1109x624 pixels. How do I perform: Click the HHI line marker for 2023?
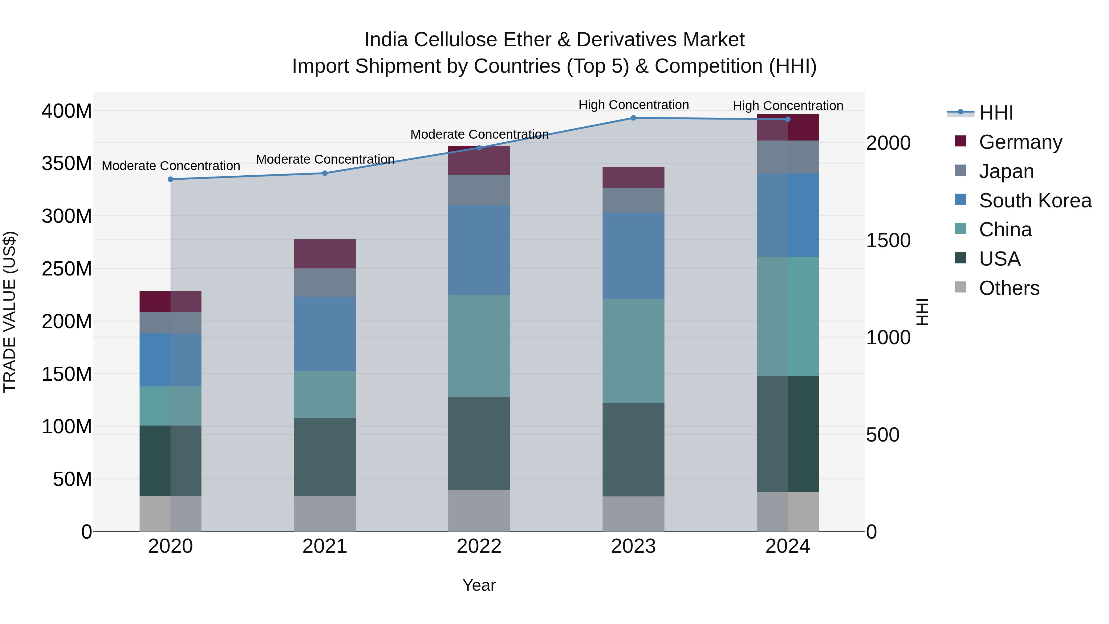[x=633, y=118]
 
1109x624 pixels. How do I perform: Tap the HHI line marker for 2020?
[x=170, y=179]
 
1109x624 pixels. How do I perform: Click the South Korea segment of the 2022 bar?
[x=479, y=250]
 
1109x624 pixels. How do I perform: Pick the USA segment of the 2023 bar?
[x=633, y=450]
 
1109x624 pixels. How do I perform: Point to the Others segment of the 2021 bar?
[x=325, y=513]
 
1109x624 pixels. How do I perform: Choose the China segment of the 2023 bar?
[x=633, y=351]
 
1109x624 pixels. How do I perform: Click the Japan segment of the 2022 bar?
[x=479, y=190]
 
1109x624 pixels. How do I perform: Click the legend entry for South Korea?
[x=1035, y=201]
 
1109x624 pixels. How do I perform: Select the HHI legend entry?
[x=996, y=113]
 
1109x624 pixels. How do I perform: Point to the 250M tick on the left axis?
[x=67, y=269]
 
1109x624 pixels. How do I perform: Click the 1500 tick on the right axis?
[x=888, y=240]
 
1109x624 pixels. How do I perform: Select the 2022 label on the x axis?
[x=479, y=546]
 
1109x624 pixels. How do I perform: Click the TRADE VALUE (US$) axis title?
[x=10, y=312]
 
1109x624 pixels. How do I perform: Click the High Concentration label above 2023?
[x=633, y=105]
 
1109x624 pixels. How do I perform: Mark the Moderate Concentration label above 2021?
[x=325, y=159]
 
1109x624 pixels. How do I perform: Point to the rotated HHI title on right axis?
[x=922, y=312]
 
